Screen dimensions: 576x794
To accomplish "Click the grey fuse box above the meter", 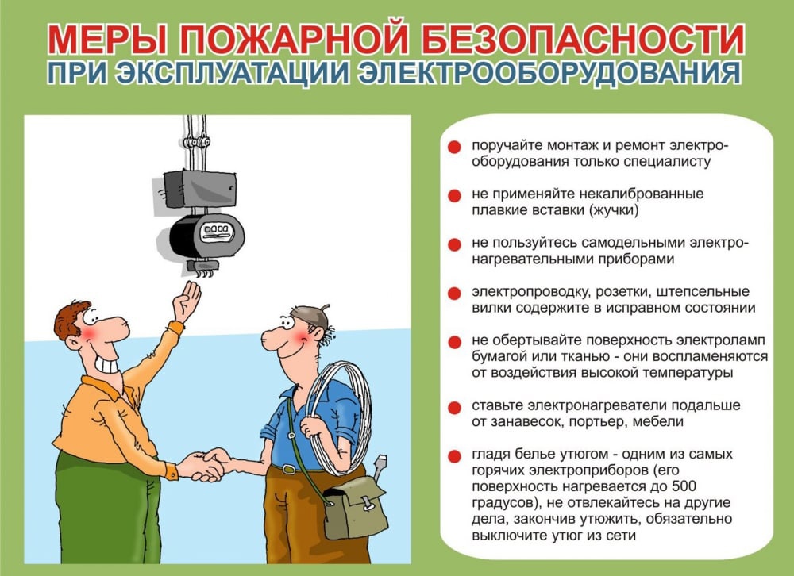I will coord(195,188).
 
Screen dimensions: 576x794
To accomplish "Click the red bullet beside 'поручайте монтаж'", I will coord(454,148).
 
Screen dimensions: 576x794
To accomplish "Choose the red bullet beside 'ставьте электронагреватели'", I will coord(454,407).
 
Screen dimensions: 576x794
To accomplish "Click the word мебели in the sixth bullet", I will coord(661,421).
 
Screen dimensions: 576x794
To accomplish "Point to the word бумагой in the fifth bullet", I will coord(498,356).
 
